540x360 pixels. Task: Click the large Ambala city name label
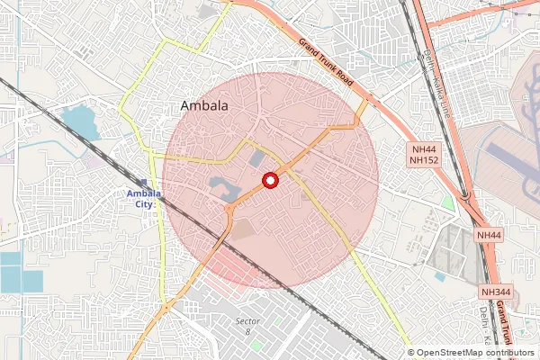(x=204, y=107)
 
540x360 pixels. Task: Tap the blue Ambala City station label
(x=139, y=198)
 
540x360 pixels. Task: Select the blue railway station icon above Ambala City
(x=145, y=182)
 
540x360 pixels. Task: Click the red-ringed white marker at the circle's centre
(x=269, y=182)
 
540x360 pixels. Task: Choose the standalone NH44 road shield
(x=489, y=235)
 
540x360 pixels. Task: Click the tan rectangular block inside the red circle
(x=244, y=230)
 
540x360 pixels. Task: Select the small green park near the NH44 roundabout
(x=448, y=203)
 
